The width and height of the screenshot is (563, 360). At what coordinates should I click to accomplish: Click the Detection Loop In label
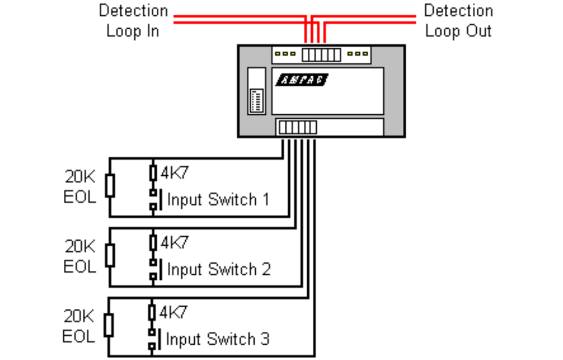[133, 21]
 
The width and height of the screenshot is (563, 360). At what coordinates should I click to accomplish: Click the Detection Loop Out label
[458, 21]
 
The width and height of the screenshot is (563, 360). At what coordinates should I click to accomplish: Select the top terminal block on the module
[321, 54]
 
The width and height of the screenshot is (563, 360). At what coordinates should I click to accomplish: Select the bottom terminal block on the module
[297, 128]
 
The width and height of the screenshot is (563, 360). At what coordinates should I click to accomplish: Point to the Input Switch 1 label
[218, 199]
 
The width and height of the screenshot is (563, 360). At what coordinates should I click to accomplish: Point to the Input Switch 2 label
[218, 269]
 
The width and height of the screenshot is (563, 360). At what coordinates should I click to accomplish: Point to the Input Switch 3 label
[218, 339]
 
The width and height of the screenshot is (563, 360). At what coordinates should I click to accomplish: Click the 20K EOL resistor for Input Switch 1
[110, 186]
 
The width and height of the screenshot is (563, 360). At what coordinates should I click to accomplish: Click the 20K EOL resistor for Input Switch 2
[110, 256]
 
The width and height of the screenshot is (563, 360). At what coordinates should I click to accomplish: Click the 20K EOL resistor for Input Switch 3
[109, 325]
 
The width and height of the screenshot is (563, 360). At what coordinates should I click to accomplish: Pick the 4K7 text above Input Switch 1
[174, 173]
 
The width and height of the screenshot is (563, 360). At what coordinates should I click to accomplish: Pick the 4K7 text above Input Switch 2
[174, 242]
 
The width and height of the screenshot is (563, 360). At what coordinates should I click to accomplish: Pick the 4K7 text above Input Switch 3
[174, 312]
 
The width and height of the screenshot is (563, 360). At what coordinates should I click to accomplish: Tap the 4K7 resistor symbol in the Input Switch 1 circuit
[153, 173]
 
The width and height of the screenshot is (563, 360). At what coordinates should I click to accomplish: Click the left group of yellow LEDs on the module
[286, 54]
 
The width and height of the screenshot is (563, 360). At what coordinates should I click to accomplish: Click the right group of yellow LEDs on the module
[358, 54]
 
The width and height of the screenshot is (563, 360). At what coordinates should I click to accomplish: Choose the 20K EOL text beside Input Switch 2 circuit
[80, 256]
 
